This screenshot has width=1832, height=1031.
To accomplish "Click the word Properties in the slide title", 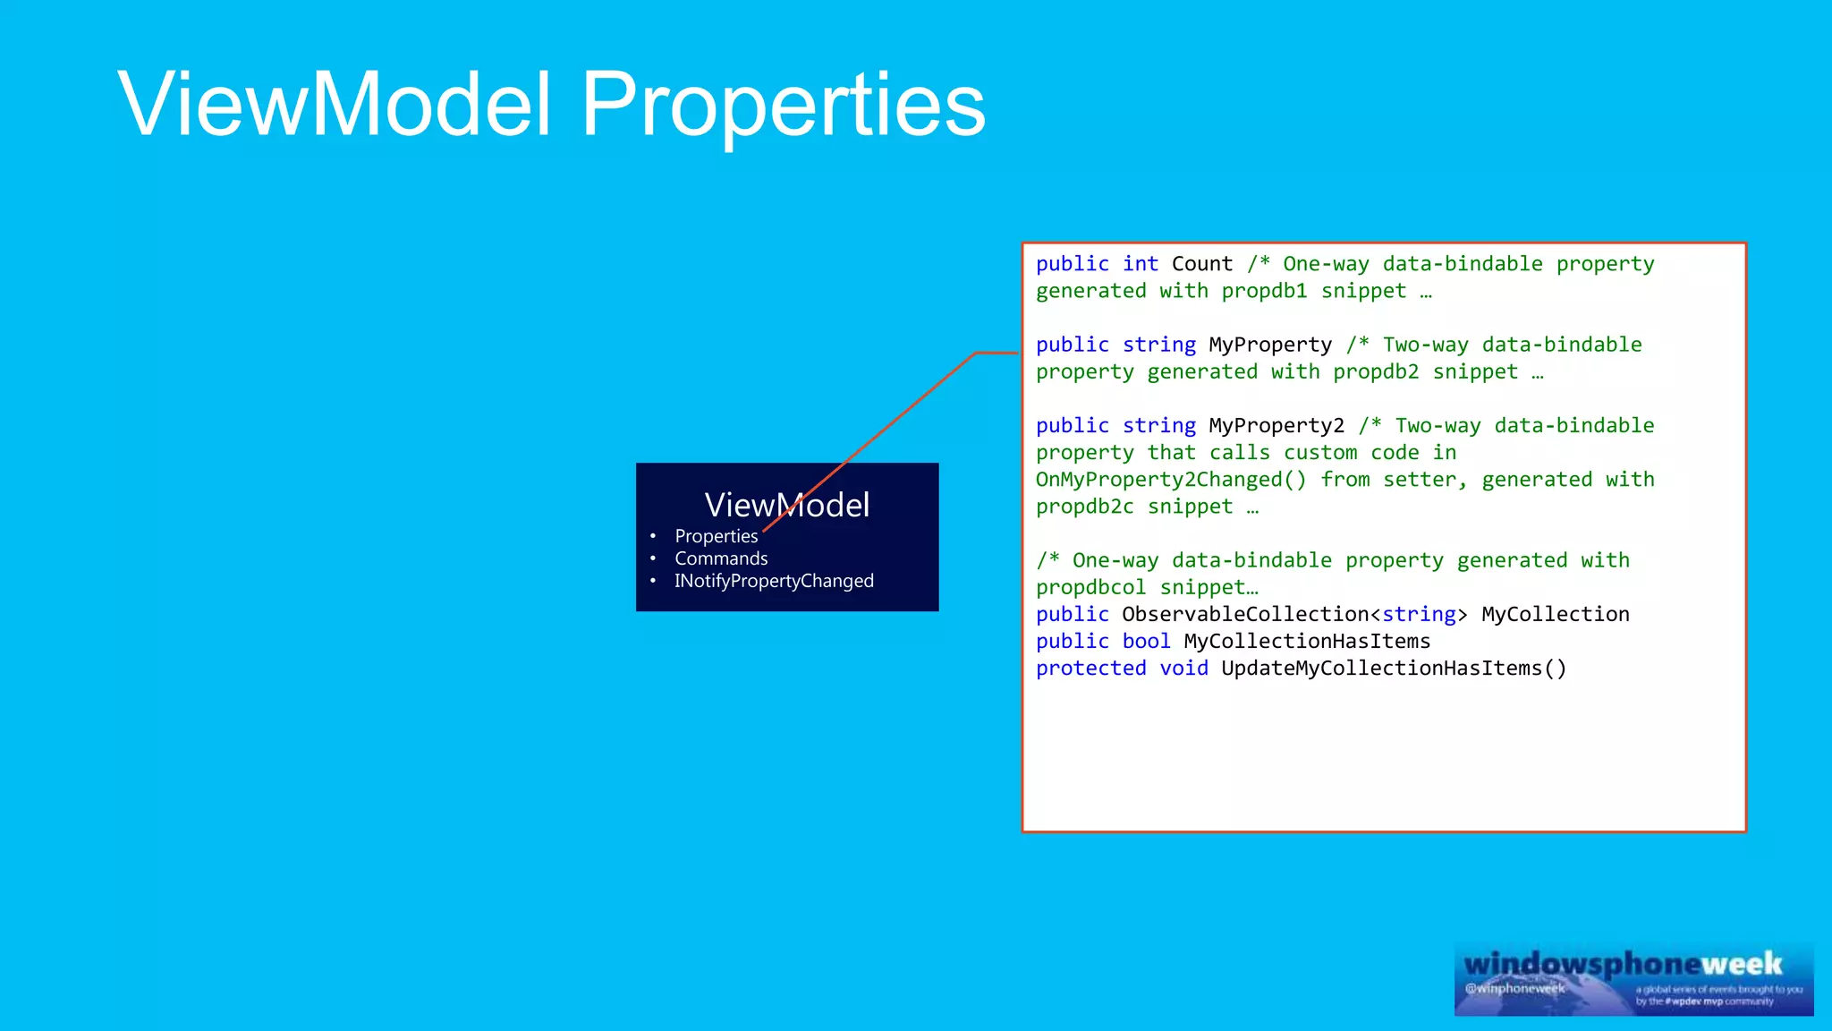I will [783, 106].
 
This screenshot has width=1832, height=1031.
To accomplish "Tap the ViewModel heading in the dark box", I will [786, 505].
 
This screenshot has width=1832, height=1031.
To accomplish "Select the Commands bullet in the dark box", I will [721, 558].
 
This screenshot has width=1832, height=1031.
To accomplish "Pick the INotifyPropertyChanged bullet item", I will [774, 581].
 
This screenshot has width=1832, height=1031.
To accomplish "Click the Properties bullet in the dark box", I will [716, 536].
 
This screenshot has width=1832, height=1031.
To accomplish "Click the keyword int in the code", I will [1141, 264].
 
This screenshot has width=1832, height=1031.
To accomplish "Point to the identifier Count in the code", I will [1201, 264].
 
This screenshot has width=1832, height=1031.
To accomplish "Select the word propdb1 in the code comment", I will [1264, 291].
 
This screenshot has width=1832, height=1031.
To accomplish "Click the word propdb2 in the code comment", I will [1376, 371].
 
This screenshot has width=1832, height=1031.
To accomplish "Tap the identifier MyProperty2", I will [1276, 426].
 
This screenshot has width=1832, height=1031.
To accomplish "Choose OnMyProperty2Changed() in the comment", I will [1171, 480].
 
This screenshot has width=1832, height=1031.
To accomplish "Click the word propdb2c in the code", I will [1084, 507].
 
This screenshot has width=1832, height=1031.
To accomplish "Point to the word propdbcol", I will [1090, 587].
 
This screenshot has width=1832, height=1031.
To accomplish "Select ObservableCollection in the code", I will [1245, 614].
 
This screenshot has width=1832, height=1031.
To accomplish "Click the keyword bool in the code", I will [1146, 641].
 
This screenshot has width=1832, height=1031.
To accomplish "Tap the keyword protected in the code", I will [1090, 668].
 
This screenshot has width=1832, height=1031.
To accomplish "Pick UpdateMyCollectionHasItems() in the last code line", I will [1394, 668].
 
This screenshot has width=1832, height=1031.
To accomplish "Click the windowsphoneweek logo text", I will [1623, 964].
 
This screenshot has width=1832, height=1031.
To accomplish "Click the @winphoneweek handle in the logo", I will [1514, 988].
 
